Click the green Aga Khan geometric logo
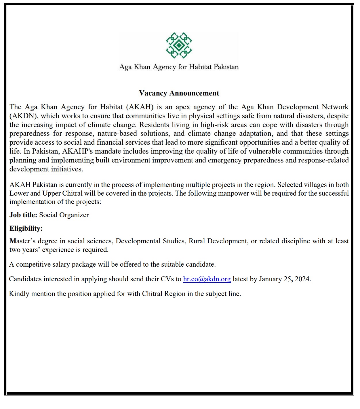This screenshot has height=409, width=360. (179, 45)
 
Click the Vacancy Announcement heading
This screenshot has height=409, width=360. (179, 93)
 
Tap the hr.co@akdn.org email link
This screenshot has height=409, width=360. (207, 279)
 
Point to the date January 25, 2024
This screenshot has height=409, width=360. (285, 279)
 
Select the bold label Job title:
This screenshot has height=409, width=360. (23, 215)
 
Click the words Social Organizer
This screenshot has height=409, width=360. (64, 215)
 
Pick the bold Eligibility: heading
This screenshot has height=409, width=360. (26, 228)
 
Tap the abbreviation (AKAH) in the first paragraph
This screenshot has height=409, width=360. (140, 107)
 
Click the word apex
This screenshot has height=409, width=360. (183, 107)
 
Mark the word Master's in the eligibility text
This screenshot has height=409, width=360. (22, 241)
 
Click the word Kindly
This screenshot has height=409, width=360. (19, 294)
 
